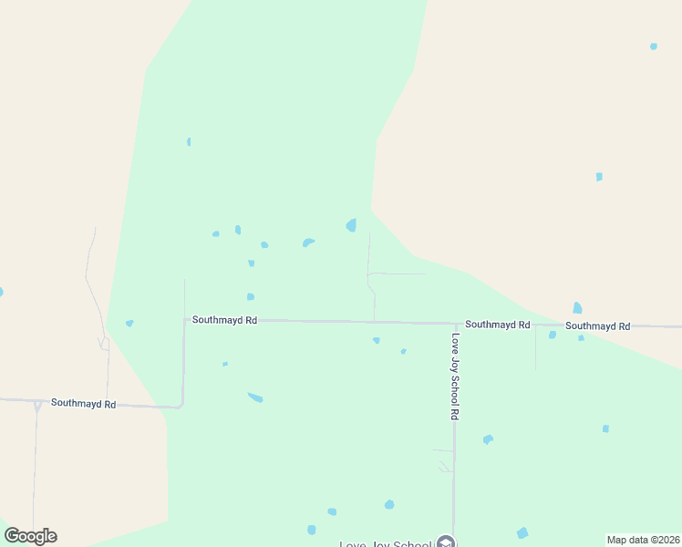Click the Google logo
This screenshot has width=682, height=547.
click(31, 536)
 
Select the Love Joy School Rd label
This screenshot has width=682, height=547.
click(454, 376)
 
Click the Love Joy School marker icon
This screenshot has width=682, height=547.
click(445, 543)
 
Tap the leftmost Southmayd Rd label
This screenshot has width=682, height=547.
click(83, 403)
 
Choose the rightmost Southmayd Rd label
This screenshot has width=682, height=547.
click(597, 325)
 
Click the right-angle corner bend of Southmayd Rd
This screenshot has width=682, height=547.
click(181, 405)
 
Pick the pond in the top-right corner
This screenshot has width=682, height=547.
click(653, 46)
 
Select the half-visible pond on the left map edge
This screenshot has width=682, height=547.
click(1, 293)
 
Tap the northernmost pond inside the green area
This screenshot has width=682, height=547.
click(189, 141)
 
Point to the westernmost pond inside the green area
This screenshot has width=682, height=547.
click(129, 323)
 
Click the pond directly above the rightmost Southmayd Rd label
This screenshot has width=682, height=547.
click(577, 308)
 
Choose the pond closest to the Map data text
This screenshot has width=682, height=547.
click(522, 532)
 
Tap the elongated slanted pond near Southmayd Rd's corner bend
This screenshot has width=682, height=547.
click(255, 397)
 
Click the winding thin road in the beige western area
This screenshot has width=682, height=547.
click(91, 273)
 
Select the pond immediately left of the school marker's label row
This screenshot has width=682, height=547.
click(312, 530)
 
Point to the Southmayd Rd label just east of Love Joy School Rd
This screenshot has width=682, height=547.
click(497, 325)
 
